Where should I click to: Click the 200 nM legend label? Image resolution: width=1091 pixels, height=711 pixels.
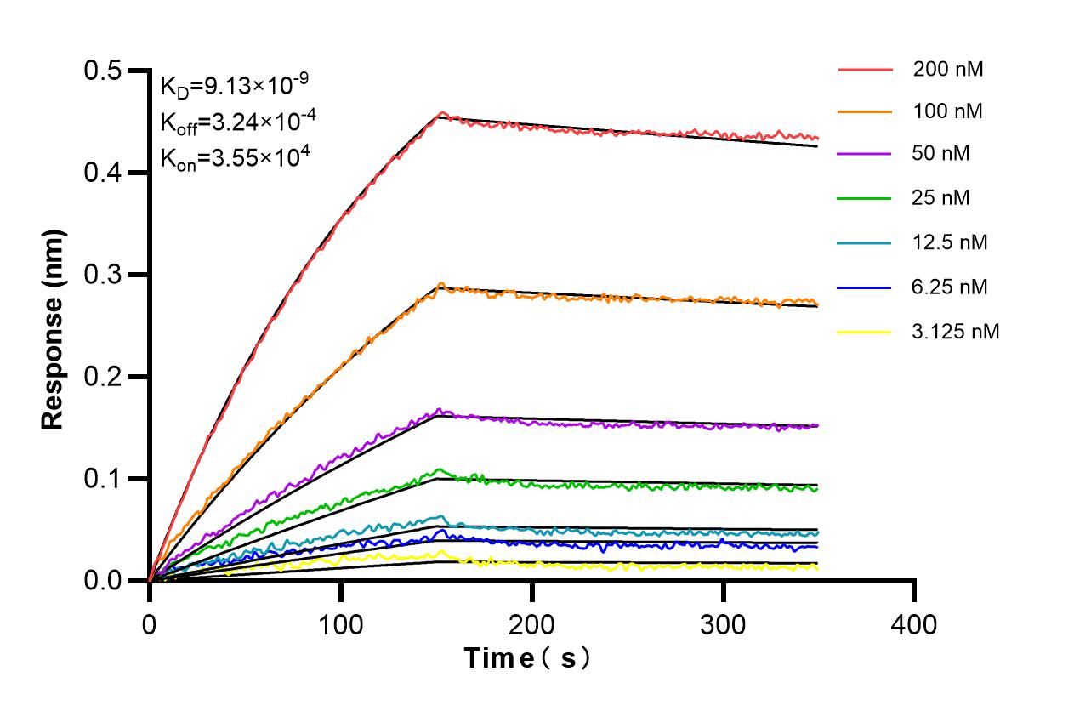click(947, 70)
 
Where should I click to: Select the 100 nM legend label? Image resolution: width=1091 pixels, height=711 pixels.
click(947, 111)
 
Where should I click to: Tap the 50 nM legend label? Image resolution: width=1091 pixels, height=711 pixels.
click(941, 154)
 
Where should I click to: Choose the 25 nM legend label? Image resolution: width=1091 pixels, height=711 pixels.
click(941, 198)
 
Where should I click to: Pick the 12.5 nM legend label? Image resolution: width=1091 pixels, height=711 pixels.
click(950, 242)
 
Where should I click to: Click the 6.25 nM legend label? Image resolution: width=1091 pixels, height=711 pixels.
click(950, 287)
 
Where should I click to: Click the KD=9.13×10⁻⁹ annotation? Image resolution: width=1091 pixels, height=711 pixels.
click(234, 85)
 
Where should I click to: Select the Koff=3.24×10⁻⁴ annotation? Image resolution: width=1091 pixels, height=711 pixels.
click(238, 122)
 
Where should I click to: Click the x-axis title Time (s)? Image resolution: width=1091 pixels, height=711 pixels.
click(527, 657)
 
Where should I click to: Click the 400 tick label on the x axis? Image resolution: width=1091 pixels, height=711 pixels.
click(914, 625)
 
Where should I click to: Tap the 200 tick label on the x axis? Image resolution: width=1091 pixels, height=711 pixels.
click(531, 625)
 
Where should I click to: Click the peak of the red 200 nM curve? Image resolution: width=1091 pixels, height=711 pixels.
click(441, 112)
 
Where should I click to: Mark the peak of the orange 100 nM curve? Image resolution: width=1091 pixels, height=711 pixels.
click(440, 283)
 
